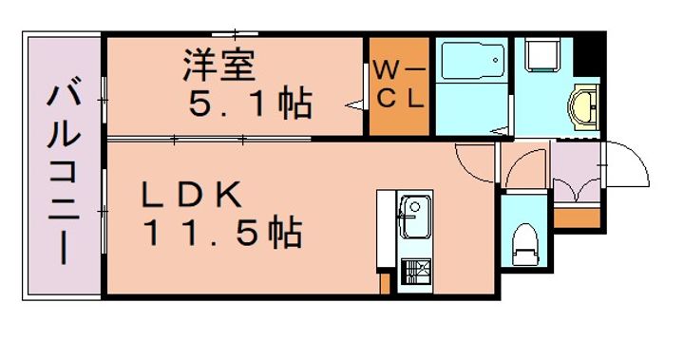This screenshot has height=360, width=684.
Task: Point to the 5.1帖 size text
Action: point(249,102)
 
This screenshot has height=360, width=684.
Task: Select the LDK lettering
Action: point(194,196)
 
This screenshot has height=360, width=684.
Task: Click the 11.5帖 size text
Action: point(223,231)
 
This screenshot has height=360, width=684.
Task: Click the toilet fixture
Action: point(523,246)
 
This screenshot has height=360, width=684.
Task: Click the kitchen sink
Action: point(415,218)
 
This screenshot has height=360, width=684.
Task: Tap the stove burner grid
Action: point(414,274)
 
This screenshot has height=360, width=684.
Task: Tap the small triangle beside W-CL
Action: point(356,103)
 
